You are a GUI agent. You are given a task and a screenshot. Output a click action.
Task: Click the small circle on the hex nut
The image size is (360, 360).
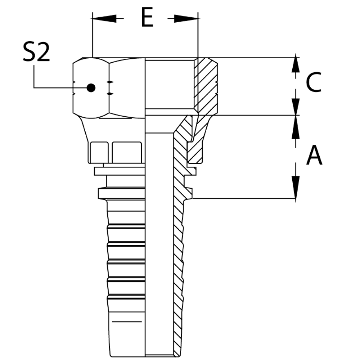[x=91, y=87]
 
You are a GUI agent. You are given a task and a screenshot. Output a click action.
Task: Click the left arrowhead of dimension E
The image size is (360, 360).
[x=104, y=18]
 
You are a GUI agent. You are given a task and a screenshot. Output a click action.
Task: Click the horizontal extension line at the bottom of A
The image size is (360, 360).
[x=245, y=198]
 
